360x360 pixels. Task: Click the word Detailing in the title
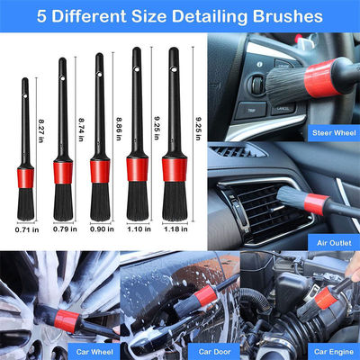(210, 16)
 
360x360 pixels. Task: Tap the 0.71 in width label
(27, 230)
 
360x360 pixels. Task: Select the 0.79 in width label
(65, 229)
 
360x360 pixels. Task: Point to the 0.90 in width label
(102, 229)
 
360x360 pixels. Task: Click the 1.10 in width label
(139, 229)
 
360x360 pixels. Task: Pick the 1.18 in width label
(175, 229)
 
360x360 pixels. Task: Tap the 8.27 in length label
(40, 130)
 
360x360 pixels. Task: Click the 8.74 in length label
(81, 130)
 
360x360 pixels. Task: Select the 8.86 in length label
(119, 129)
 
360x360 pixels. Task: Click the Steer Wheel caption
(334, 133)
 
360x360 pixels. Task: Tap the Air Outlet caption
(334, 242)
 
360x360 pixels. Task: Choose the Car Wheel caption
(94, 352)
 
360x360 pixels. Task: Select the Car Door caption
(214, 352)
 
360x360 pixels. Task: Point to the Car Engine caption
(334, 352)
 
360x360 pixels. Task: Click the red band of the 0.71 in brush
(25, 178)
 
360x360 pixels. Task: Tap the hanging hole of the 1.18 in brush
(174, 69)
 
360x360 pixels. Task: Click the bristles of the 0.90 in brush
(100, 202)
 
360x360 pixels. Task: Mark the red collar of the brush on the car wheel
(67, 321)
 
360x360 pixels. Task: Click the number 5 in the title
(42, 16)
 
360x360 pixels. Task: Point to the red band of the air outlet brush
(316, 204)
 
